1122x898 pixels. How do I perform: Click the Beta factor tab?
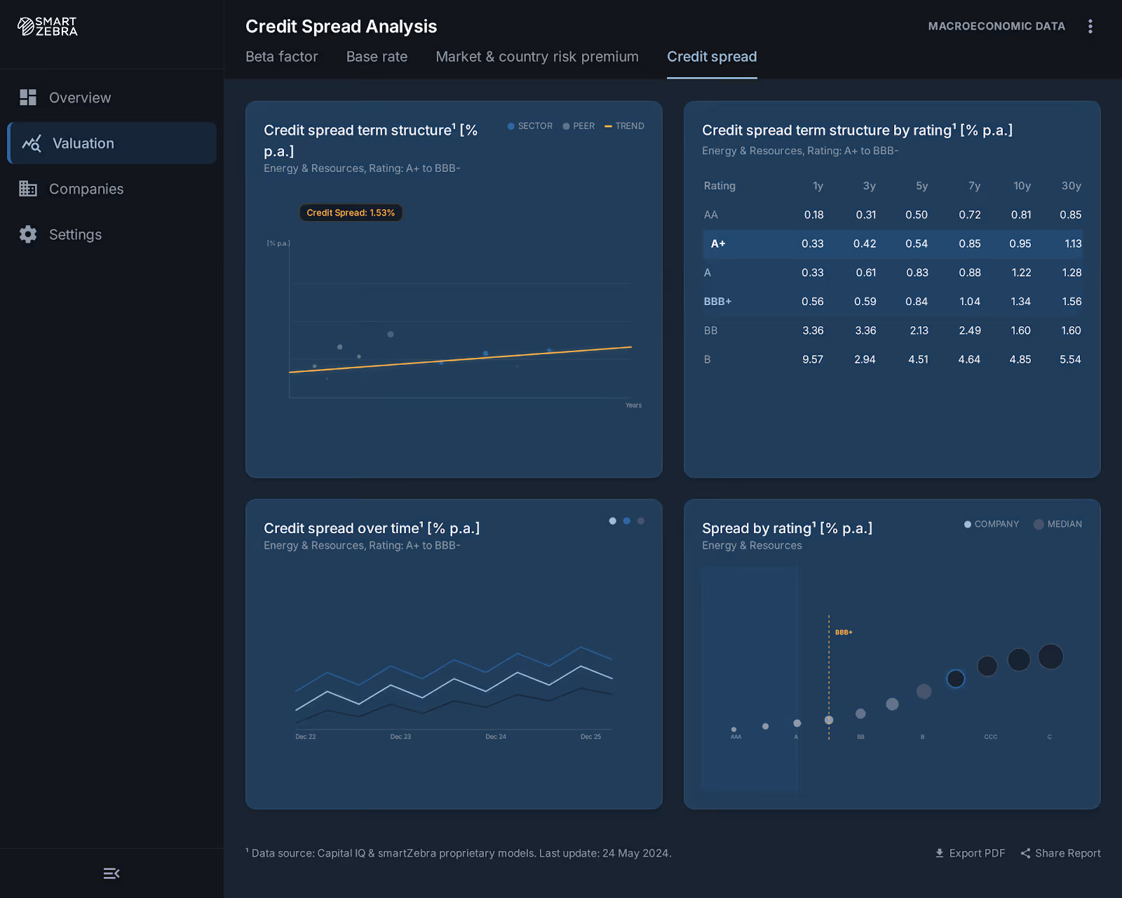pyautogui.click(x=281, y=57)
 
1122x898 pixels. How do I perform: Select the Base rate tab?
pyautogui.click(x=377, y=57)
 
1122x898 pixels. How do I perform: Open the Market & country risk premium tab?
pyautogui.click(x=536, y=57)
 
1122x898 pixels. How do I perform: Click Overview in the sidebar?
pyautogui.click(x=79, y=98)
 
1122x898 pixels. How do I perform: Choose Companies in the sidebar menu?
pyautogui.click(x=86, y=189)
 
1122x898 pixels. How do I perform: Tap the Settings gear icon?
pyautogui.click(x=28, y=234)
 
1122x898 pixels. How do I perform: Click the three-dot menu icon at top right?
pyautogui.click(x=1090, y=27)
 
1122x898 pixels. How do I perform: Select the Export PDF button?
pyautogui.click(x=970, y=853)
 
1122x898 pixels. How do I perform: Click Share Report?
pyautogui.click(x=1060, y=853)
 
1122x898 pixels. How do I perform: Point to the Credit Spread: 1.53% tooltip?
pyautogui.click(x=351, y=213)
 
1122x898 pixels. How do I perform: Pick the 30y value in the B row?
pyautogui.click(x=1070, y=359)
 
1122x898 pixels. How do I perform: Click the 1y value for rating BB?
pyautogui.click(x=813, y=330)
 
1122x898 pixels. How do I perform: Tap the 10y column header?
pyautogui.click(x=1022, y=186)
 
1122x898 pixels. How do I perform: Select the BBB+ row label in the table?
pyautogui.click(x=717, y=302)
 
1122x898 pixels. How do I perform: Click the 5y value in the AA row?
pyautogui.click(x=916, y=215)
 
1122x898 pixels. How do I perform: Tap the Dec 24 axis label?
pyautogui.click(x=496, y=737)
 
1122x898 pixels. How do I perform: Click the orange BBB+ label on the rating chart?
pyautogui.click(x=844, y=632)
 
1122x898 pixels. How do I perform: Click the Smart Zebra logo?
pyautogui.click(x=48, y=27)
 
